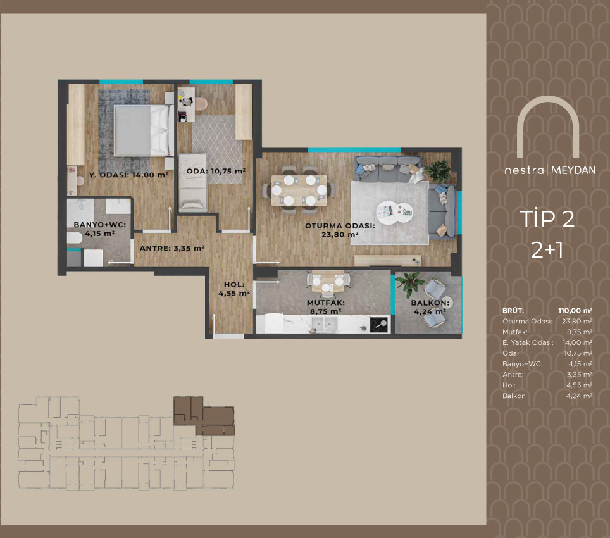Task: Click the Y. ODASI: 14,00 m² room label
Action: click(x=128, y=175)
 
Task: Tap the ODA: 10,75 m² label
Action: click(x=216, y=171)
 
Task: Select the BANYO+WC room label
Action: click(x=100, y=229)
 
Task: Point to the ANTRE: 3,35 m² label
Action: click(x=172, y=248)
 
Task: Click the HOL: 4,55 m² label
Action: click(x=233, y=289)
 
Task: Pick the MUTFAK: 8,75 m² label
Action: click(x=326, y=307)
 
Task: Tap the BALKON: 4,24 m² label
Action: click(x=430, y=307)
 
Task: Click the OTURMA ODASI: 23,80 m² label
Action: click(x=340, y=230)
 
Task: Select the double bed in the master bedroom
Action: click(x=144, y=131)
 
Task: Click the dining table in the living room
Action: click(x=299, y=191)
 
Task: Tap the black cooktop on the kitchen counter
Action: click(x=379, y=325)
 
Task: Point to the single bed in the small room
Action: click(x=192, y=182)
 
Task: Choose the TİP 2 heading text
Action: click(x=547, y=218)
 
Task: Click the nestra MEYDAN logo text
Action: click(x=550, y=170)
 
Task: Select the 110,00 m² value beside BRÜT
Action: click(x=575, y=310)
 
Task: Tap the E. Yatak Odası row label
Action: click(x=528, y=342)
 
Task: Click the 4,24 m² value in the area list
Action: click(x=579, y=396)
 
